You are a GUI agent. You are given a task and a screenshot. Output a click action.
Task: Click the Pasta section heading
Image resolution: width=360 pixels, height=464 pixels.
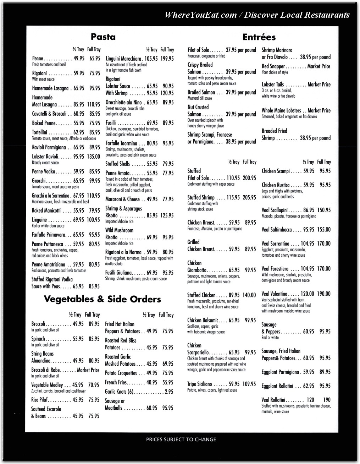click(103, 37)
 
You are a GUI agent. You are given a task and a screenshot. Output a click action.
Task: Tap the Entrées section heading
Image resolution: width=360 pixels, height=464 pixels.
click(259, 37)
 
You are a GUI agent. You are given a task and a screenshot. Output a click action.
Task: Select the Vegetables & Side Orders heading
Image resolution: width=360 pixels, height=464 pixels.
click(102, 299)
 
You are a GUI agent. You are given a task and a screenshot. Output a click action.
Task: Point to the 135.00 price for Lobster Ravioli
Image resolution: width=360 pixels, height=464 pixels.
click(94, 157)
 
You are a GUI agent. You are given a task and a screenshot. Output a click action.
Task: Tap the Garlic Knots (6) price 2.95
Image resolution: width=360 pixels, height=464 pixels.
click(169, 392)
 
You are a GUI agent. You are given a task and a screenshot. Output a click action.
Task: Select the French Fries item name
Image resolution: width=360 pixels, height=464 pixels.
click(115, 383)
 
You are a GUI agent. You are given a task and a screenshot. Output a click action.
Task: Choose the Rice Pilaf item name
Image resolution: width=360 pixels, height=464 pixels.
click(40, 400)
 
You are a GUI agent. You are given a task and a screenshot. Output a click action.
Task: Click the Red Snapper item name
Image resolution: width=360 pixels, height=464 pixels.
click(273, 66)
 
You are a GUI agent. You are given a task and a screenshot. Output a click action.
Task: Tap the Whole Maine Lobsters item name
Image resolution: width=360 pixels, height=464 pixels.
click(281, 110)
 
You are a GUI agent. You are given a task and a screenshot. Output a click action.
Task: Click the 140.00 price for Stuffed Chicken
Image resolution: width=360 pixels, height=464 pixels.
click(249, 295)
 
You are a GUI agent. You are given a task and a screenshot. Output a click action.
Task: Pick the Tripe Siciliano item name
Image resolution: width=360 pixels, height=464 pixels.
click(199, 384)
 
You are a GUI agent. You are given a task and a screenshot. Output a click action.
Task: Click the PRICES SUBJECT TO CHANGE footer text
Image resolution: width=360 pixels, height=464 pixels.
click(181, 440)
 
